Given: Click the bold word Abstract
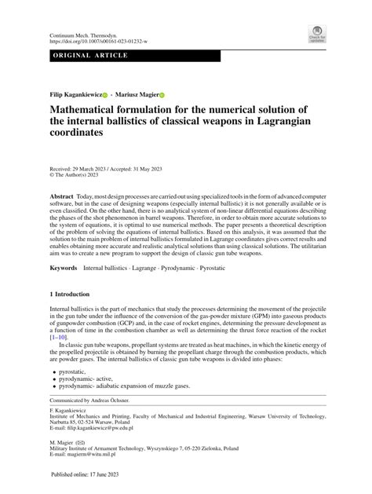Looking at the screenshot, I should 62,195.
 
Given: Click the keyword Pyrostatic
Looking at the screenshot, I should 237,269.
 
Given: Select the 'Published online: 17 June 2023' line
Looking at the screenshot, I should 93,475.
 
